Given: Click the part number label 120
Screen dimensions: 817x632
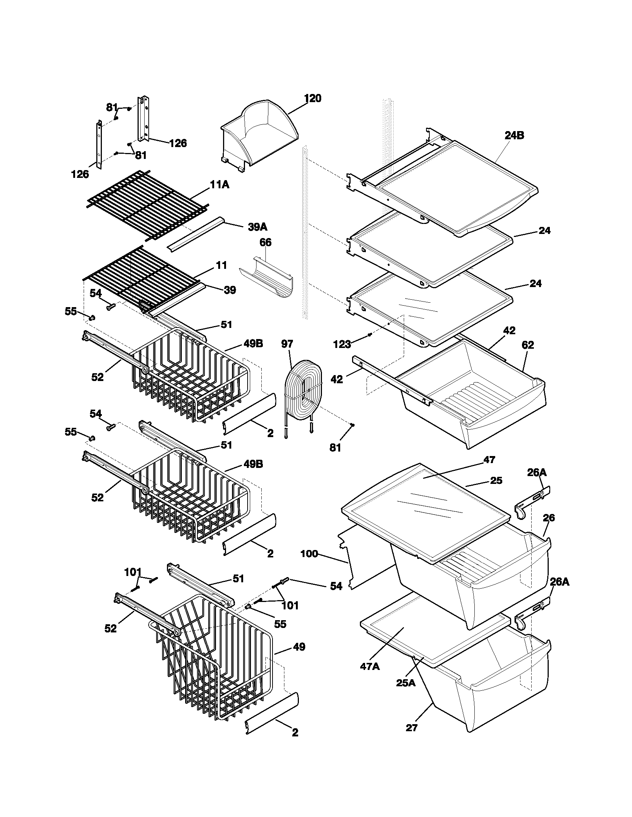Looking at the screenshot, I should (312, 99).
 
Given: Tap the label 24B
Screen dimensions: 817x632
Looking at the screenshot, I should (514, 136).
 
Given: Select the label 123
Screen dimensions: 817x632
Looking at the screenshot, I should (341, 344).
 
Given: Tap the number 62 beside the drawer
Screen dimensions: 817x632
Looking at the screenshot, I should (528, 345).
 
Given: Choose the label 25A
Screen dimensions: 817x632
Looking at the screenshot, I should (406, 683).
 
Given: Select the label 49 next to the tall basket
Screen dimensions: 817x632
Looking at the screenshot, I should (299, 647).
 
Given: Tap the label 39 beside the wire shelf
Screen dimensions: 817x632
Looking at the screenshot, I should (229, 290).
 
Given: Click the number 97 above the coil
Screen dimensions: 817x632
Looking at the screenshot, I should (287, 344).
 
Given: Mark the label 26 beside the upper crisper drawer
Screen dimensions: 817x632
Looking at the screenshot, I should (548, 518).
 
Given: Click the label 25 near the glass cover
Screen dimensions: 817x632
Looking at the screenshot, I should (496, 480).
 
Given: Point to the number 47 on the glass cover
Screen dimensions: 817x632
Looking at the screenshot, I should (489, 460).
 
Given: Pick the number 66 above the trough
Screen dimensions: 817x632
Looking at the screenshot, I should (265, 243).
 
